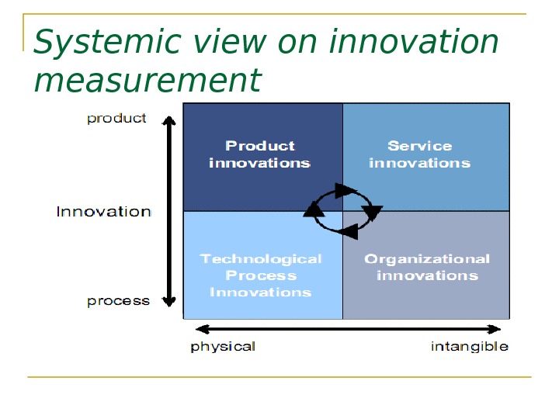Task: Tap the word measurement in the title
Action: click(x=148, y=81)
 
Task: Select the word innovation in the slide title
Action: click(x=413, y=43)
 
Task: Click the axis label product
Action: click(x=116, y=119)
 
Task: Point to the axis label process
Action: click(x=118, y=301)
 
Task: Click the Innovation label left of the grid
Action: click(x=103, y=211)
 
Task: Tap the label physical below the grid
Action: click(x=223, y=346)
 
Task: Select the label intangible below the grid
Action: click(x=470, y=346)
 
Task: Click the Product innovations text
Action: click(x=260, y=154)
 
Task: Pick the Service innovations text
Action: click(x=419, y=154)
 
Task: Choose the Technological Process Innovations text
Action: click(x=261, y=275)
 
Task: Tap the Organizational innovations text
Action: click(x=427, y=267)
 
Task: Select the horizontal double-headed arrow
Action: click(x=346, y=330)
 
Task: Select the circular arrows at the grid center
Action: click(x=342, y=209)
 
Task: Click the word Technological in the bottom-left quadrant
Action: click(x=261, y=259)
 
